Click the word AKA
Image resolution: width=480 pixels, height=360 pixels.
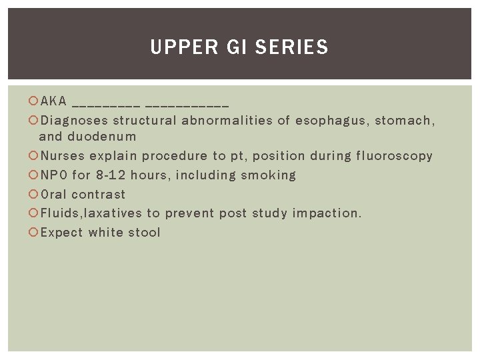(53, 101)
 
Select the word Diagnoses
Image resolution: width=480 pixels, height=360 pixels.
(74, 121)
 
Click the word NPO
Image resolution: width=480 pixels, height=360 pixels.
(54, 175)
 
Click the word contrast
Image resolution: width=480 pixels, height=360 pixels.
(99, 195)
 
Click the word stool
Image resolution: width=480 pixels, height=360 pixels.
(145, 233)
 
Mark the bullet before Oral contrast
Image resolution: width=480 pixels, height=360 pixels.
(34, 195)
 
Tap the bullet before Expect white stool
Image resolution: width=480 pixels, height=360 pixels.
(34, 233)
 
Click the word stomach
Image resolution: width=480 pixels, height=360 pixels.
(405, 121)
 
